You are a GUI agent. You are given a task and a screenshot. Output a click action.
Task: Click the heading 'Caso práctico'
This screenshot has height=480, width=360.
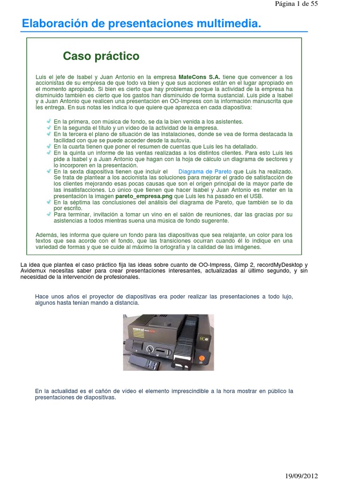click(x=101, y=56)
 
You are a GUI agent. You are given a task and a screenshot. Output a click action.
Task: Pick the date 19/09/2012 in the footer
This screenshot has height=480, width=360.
click(x=302, y=476)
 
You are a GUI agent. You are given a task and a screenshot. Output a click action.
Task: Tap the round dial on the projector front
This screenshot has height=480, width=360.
click(x=150, y=349)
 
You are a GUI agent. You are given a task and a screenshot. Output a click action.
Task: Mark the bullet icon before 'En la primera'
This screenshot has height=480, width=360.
click(x=49, y=121)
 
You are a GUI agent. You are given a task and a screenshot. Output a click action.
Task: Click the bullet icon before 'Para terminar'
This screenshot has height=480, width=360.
click(x=49, y=214)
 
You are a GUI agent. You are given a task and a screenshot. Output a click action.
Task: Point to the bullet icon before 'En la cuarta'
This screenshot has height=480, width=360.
click(x=49, y=146)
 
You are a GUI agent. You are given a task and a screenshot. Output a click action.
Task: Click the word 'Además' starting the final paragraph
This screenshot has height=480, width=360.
click(x=46, y=234)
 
